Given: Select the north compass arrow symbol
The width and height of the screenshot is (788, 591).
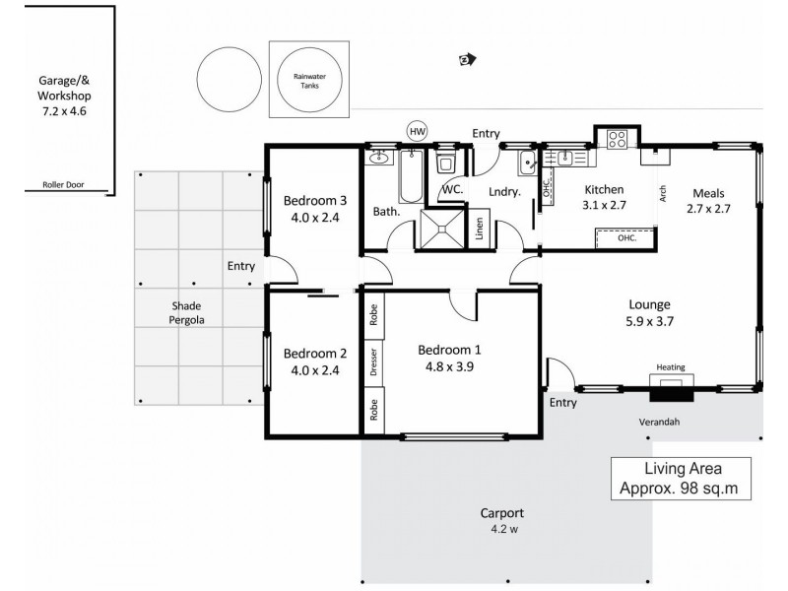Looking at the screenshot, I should click(x=466, y=60).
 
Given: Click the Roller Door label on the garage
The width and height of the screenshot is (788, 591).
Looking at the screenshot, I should click(x=61, y=184).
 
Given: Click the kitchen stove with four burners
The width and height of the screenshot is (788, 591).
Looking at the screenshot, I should click(x=618, y=140).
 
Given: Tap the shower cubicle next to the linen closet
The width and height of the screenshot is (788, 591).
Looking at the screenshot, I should click(x=442, y=230).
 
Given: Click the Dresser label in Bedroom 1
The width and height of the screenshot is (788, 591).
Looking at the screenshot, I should click(x=373, y=363).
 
